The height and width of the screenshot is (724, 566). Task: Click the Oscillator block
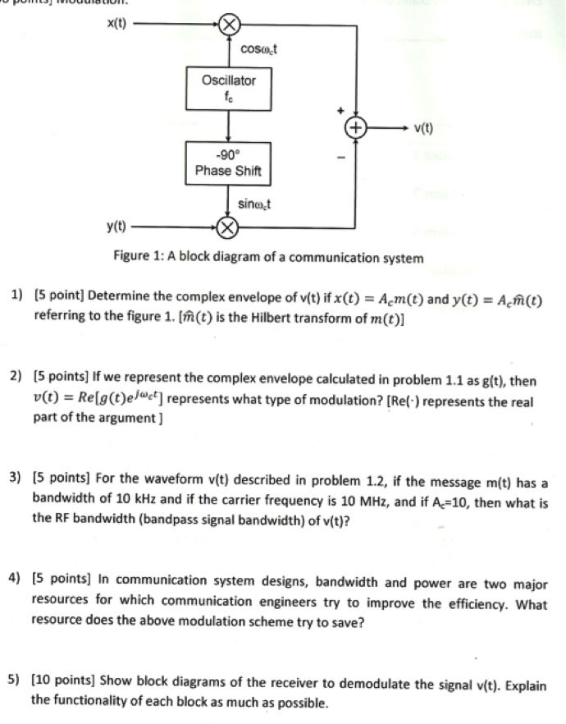(228, 88)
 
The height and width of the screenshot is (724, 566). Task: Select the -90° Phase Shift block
(228, 163)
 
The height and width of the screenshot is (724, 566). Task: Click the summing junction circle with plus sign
(355, 127)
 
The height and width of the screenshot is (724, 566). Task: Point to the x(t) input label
(117, 23)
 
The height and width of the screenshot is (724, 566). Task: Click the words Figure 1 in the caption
(135, 259)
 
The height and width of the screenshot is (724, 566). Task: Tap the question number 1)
(16, 296)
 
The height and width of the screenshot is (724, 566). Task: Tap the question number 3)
(16, 477)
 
